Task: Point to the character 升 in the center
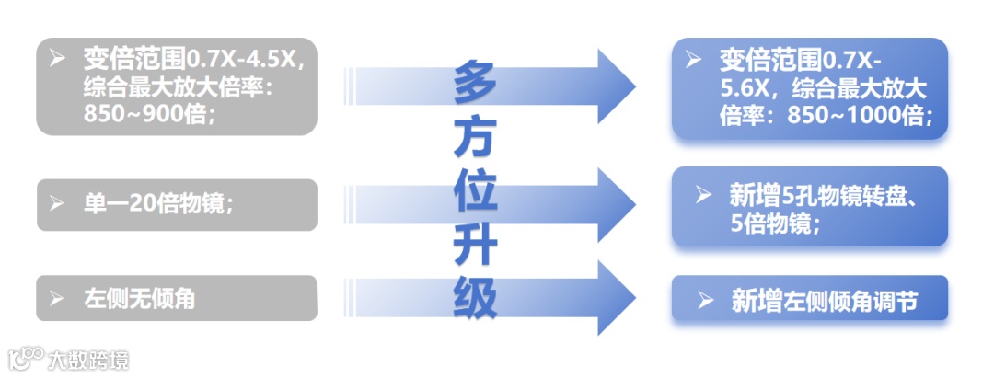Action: pos(475,246)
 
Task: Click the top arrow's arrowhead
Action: pos(614,87)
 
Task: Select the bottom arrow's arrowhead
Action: pos(614,297)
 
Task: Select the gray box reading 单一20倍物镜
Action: pos(177,204)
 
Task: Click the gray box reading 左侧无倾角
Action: pos(177,298)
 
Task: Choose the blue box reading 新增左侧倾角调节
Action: pos(809,300)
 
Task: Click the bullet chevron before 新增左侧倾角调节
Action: pos(706,300)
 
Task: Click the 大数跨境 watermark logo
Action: pos(69,359)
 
